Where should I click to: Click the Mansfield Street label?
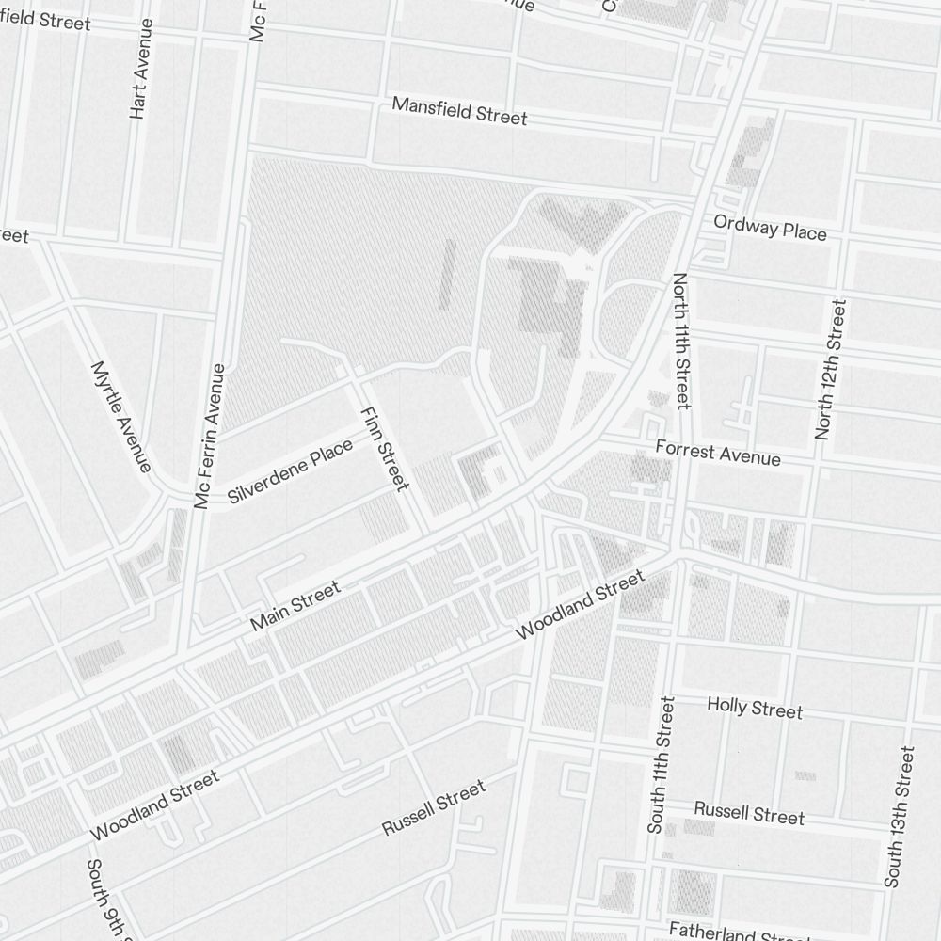pyautogui.click(x=459, y=110)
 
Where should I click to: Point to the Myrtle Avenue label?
pyautogui.click(x=121, y=416)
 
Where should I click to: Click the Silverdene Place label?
pyautogui.click(x=290, y=470)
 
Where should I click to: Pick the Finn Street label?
pyautogui.click(x=384, y=448)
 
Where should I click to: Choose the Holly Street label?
pyautogui.click(x=755, y=708)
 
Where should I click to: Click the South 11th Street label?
pyautogui.click(x=662, y=764)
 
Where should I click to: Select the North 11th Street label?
pyautogui.click(x=681, y=341)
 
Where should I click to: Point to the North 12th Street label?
pyautogui.click(x=831, y=369)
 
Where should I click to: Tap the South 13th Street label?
pyautogui.click(x=899, y=817)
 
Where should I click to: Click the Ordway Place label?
pyautogui.click(x=770, y=228)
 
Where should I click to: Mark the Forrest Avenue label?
pyautogui.click(x=718, y=452)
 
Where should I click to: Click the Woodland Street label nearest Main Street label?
pyautogui.click(x=581, y=605)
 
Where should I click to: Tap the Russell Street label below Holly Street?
pyautogui.click(x=749, y=813)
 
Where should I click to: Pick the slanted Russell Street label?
pyautogui.click(x=434, y=807)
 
